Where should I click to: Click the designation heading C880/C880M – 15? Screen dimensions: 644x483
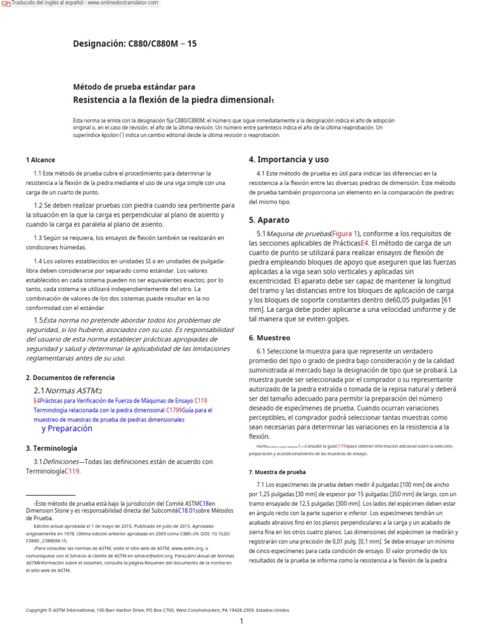pyautogui.click(x=135, y=44)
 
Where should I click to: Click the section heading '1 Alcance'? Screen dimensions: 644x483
pyautogui.click(x=40, y=160)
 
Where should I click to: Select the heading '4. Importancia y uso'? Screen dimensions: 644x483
pyautogui.click(x=289, y=159)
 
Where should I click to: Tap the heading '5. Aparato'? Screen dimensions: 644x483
pyautogui.click(x=269, y=220)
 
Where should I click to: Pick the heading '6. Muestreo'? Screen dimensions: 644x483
pyautogui.click(x=269, y=338)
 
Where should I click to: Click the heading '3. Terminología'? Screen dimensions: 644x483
pyautogui.click(x=52, y=448)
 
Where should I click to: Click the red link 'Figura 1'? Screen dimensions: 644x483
pyautogui.click(x=345, y=233)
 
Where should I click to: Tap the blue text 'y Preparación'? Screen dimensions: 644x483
pyautogui.click(x=67, y=428)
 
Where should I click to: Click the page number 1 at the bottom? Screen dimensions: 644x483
pyautogui.click(x=241, y=622)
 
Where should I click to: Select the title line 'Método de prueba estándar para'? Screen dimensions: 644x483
pyautogui.click(x=135, y=87)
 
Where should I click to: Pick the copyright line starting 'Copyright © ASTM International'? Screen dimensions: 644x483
pyautogui.click(x=157, y=609)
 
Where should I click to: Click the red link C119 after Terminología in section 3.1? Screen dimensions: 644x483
pyautogui.click(x=72, y=471)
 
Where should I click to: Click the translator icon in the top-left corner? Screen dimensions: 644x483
pyautogui.click(x=6, y=4)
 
